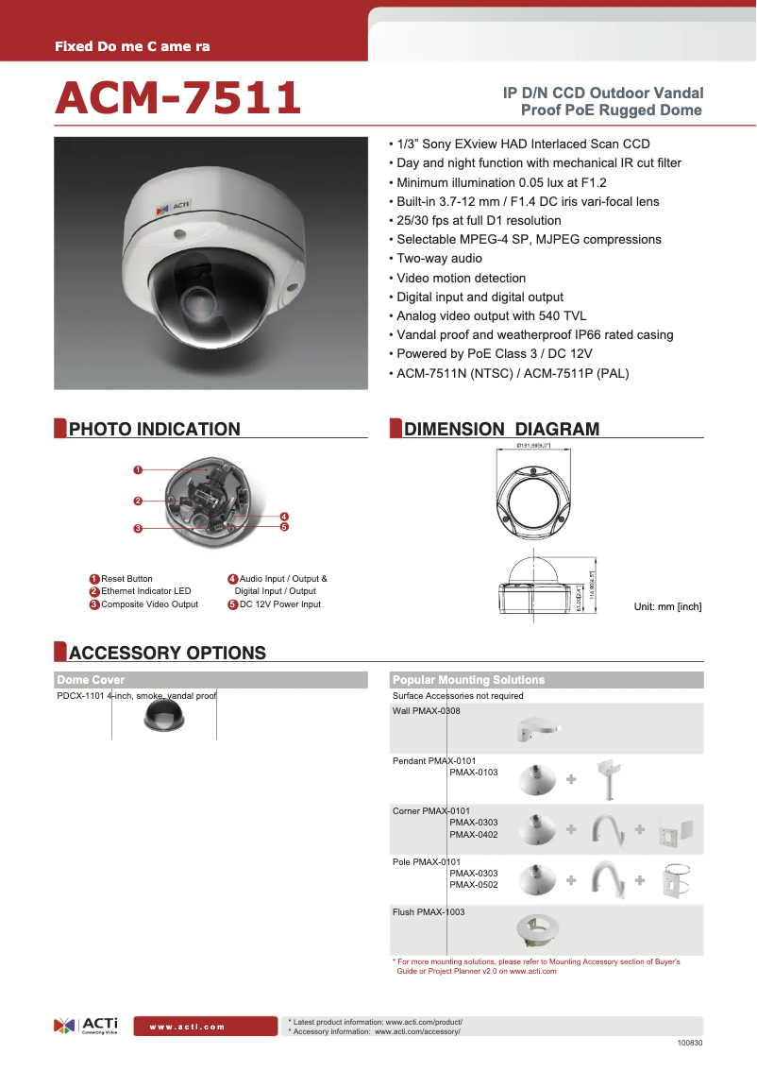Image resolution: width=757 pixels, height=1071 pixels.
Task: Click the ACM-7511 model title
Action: tap(178, 99)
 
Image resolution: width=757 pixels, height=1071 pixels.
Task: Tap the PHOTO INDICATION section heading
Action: tap(155, 430)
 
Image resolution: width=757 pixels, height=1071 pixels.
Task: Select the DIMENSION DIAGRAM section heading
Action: tap(501, 430)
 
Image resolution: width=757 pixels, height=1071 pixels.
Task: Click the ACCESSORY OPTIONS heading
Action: tap(167, 654)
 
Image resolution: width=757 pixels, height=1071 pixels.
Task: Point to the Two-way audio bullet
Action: tap(439, 259)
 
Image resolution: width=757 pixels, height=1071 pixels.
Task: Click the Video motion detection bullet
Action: tap(461, 278)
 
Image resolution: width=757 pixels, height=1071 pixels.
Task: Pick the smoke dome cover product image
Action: tap(164, 717)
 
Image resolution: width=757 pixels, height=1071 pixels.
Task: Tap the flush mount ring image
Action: tap(538, 929)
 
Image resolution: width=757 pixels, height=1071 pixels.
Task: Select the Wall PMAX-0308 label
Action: tap(426, 710)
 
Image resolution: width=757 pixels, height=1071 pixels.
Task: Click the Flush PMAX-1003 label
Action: tap(429, 912)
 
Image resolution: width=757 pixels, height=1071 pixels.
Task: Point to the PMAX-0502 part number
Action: tap(473, 885)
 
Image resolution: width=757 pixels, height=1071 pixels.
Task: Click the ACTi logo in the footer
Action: tap(87, 1026)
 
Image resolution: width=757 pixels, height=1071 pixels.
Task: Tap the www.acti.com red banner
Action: tap(187, 1027)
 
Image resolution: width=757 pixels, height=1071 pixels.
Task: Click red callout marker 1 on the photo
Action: tap(138, 469)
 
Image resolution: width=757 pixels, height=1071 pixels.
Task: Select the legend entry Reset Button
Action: tap(126, 579)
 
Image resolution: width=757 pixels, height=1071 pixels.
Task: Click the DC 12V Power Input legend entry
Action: tap(279, 604)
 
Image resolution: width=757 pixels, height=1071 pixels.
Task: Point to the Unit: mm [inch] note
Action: tap(666, 606)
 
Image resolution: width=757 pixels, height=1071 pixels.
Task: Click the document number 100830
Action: tap(690, 1044)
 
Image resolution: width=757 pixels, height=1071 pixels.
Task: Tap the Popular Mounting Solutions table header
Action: tap(469, 680)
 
